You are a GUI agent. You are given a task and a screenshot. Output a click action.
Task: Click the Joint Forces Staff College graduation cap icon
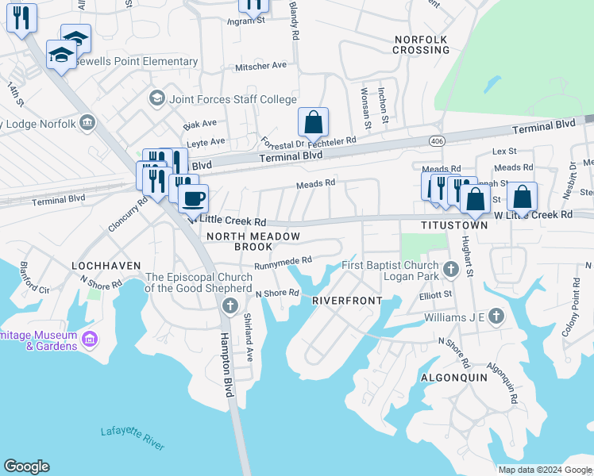(x=156, y=99)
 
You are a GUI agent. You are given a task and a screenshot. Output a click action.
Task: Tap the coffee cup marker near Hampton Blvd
(x=192, y=197)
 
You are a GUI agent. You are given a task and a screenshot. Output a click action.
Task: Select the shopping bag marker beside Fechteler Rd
(x=314, y=123)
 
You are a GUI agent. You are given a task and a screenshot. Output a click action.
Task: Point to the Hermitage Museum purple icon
(x=90, y=340)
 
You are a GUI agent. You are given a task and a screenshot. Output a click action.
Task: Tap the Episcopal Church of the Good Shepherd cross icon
(x=230, y=306)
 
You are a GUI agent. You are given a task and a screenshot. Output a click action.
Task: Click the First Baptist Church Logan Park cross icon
(x=451, y=271)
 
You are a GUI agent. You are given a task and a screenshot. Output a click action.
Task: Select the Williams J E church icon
(x=496, y=317)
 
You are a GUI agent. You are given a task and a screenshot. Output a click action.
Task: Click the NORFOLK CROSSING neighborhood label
(x=421, y=44)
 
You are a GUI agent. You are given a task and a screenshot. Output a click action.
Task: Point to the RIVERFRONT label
(x=347, y=301)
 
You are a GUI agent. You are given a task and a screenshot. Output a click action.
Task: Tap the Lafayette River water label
(x=133, y=437)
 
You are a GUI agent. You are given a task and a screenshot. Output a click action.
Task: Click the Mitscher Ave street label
(x=260, y=67)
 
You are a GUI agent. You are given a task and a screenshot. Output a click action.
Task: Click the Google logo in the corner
(x=26, y=466)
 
